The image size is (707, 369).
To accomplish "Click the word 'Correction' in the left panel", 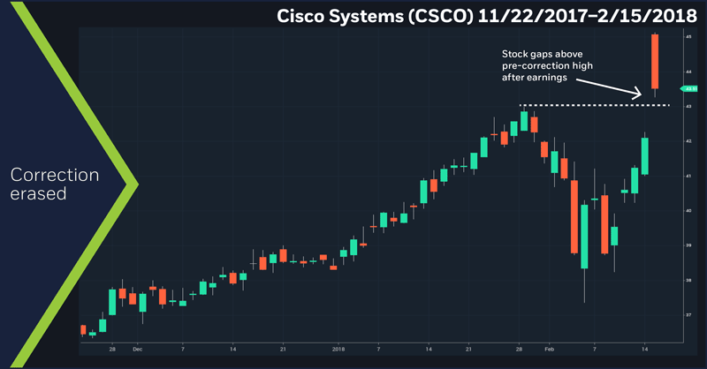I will pyautogui.click(x=63, y=175).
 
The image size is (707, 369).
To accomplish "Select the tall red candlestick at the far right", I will pyautogui.click(x=655, y=62).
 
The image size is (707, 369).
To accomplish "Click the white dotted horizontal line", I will pyautogui.click(x=592, y=106).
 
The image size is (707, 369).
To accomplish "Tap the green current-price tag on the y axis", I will pyautogui.click(x=688, y=88).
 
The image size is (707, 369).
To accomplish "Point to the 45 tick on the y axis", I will pyautogui.click(x=687, y=38).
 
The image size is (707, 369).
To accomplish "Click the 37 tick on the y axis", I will pyautogui.click(x=687, y=314).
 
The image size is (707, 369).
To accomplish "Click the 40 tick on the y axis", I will pyautogui.click(x=687, y=211).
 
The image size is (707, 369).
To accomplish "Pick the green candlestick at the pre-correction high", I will pyautogui.click(x=524, y=121).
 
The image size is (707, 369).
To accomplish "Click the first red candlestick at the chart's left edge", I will pyautogui.click(x=83, y=330).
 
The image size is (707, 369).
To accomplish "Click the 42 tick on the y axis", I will pyautogui.click(x=687, y=141).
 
